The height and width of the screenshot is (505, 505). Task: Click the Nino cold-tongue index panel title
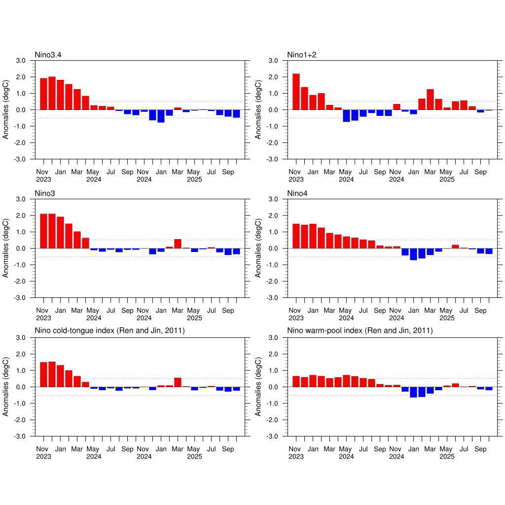click(x=109, y=331)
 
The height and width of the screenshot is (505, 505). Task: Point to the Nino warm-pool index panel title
click(x=360, y=331)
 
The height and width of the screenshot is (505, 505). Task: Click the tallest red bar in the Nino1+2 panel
click(x=296, y=92)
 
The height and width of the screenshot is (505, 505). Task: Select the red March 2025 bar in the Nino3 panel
click(x=178, y=244)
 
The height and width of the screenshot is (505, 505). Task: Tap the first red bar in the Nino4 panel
click(x=296, y=236)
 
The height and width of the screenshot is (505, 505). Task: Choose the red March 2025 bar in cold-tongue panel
click(x=178, y=382)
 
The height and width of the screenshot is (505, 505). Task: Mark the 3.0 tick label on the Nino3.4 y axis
click(x=21, y=61)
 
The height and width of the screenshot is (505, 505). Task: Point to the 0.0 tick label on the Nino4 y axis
click(x=274, y=249)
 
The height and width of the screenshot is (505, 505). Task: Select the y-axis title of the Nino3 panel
click(x=6, y=248)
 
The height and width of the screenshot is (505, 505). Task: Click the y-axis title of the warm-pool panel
click(x=259, y=387)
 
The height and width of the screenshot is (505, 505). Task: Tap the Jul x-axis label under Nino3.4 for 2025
click(x=211, y=173)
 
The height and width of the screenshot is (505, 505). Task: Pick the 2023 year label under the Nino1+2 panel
click(x=296, y=180)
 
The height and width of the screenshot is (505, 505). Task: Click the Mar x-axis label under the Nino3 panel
click(x=77, y=311)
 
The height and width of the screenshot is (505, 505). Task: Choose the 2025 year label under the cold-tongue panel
click(x=195, y=457)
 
